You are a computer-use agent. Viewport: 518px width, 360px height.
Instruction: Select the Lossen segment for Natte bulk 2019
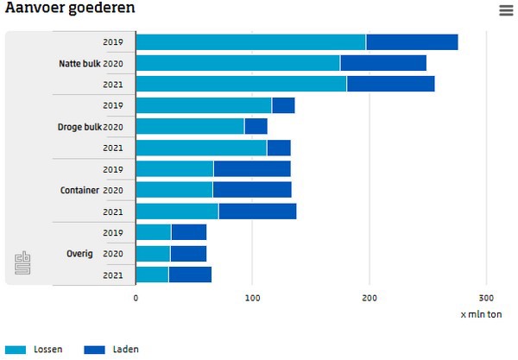click(250, 41)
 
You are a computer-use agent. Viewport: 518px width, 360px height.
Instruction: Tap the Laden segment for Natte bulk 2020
click(382, 63)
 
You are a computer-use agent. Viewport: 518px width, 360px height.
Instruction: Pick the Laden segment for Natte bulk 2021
click(390, 84)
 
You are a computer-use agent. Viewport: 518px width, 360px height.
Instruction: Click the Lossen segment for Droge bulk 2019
click(204, 105)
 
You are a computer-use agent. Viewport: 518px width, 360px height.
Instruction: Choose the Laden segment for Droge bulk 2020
click(256, 127)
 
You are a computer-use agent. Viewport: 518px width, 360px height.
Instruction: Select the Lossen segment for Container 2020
click(174, 190)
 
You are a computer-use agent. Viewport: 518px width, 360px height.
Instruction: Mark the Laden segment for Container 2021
click(257, 212)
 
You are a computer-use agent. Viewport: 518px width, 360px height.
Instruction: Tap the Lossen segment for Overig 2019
click(154, 232)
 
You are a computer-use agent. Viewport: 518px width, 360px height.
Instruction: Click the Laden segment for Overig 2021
click(190, 275)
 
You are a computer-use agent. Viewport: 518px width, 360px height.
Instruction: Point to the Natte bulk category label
click(79, 63)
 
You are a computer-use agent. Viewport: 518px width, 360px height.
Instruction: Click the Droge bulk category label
click(79, 127)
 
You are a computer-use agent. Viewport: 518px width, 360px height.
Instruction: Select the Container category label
click(79, 190)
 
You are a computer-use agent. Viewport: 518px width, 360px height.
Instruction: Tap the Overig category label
click(80, 254)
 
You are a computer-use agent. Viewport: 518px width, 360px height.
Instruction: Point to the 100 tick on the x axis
click(252, 297)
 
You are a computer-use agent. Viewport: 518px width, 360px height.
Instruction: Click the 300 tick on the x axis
click(485, 297)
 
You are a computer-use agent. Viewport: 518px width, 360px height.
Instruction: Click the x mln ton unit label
click(481, 313)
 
